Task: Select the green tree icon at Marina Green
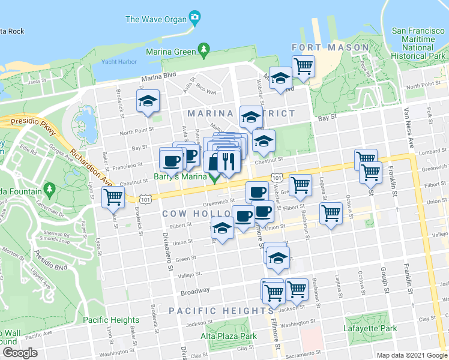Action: (x=204, y=49)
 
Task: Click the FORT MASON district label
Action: (x=330, y=47)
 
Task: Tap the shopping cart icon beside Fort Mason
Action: (x=304, y=65)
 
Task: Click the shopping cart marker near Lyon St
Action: (x=112, y=196)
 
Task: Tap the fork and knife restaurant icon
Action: (x=228, y=161)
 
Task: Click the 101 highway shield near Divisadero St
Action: (x=145, y=197)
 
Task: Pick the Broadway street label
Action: (x=195, y=290)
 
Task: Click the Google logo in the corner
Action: (x=20, y=353)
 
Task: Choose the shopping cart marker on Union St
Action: (x=331, y=213)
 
